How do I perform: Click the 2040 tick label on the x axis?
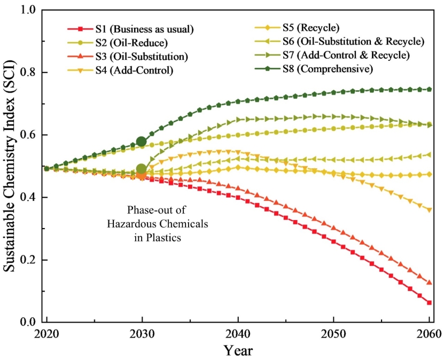click(x=238, y=335)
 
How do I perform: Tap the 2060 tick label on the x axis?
click(x=429, y=335)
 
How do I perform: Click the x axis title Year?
click(x=238, y=350)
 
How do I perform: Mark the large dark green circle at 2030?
click(x=142, y=142)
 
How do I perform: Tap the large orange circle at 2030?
click(x=142, y=174)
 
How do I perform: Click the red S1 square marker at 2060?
click(x=429, y=303)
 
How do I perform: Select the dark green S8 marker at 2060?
click(x=429, y=89)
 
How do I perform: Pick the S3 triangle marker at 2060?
click(x=429, y=282)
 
